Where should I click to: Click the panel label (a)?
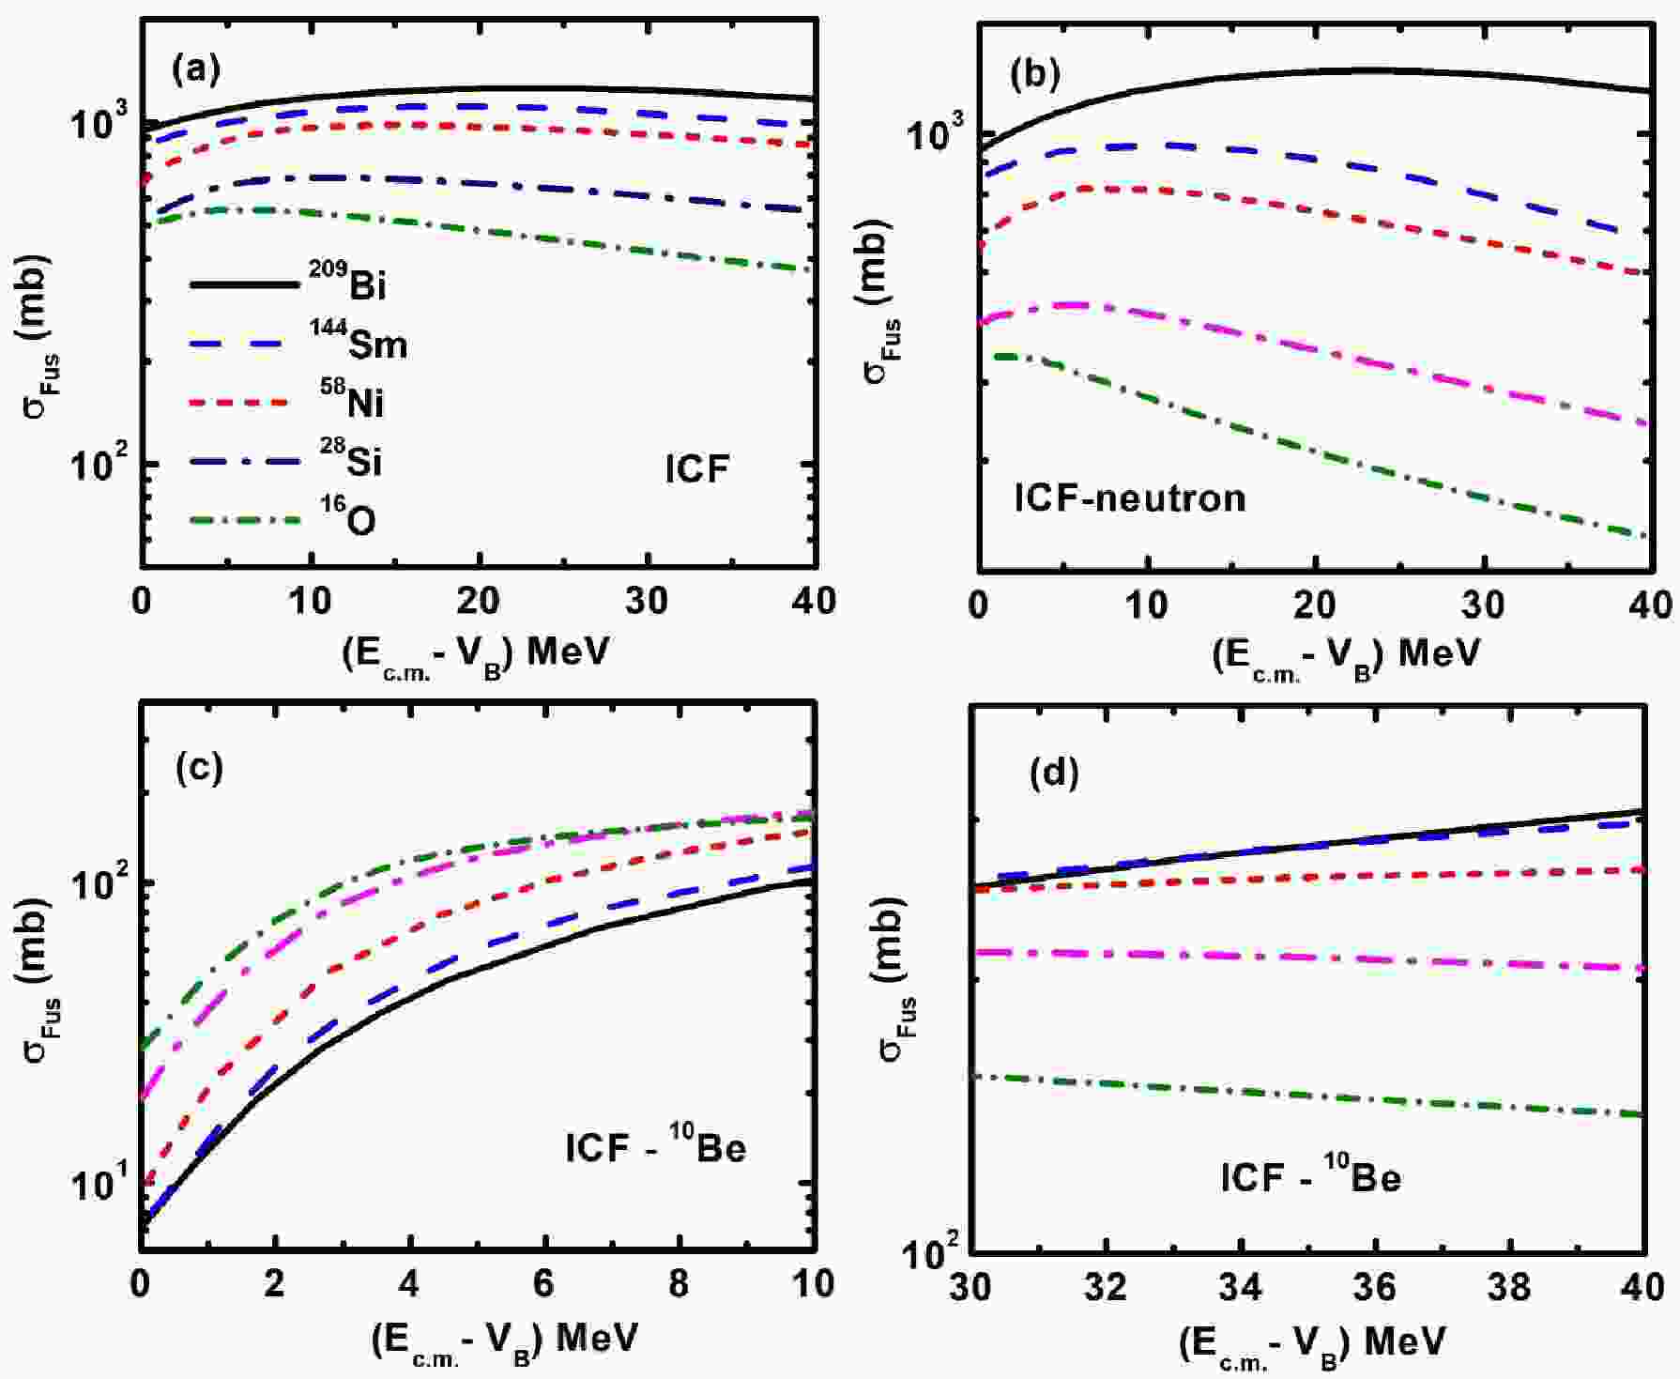coord(196,70)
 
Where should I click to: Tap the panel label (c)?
coord(199,769)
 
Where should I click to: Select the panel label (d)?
coord(1055,773)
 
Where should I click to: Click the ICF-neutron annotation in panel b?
coord(1130,498)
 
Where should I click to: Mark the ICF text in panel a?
coord(696,468)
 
